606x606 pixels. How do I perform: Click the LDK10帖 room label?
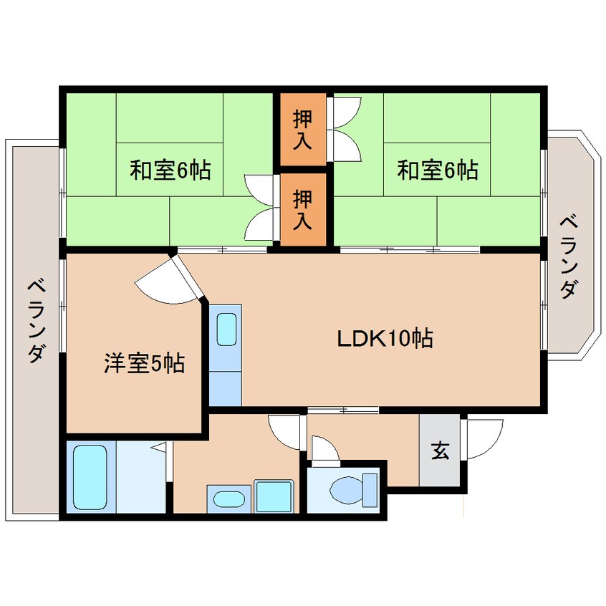(385, 338)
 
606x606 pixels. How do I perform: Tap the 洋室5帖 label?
(144, 364)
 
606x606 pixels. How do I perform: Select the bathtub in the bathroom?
(90, 476)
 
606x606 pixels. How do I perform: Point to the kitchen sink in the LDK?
(226, 330)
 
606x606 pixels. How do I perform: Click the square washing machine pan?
(273, 496)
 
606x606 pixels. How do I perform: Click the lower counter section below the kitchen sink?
(226, 388)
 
